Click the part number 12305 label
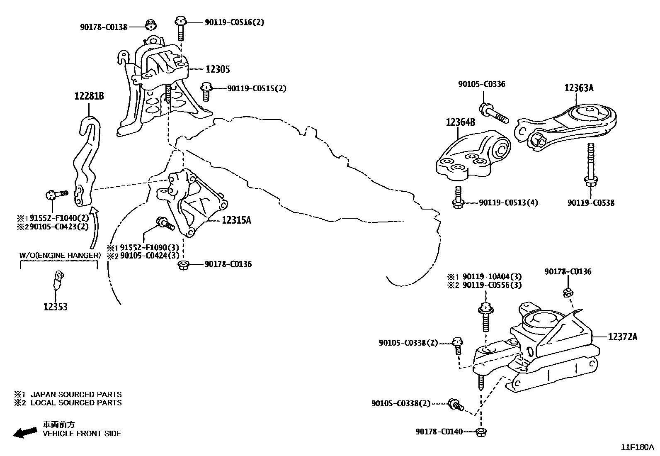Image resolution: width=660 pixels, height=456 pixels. point(218,69)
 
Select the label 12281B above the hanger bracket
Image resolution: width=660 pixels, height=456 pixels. point(89,96)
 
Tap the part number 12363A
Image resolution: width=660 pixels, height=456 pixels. point(578,88)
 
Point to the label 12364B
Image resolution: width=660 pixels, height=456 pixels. point(460,122)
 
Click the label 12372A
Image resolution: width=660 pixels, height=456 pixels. point(623,337)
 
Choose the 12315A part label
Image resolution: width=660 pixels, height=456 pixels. point(236,220)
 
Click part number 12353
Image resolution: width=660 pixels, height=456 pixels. point(55,307)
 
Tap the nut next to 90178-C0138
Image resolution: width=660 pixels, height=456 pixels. point(152,25)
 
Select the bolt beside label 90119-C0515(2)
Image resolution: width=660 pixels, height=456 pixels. point(206,91)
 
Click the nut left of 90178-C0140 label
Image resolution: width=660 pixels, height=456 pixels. point(481,432)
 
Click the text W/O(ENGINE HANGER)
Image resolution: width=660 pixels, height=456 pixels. point(60,255)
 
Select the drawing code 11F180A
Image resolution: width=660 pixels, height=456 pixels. point(637,447)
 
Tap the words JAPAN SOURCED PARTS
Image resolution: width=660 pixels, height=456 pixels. point(76,394)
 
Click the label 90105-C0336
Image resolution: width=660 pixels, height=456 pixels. point(481,84)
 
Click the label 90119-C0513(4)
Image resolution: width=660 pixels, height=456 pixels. point(508,203)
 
